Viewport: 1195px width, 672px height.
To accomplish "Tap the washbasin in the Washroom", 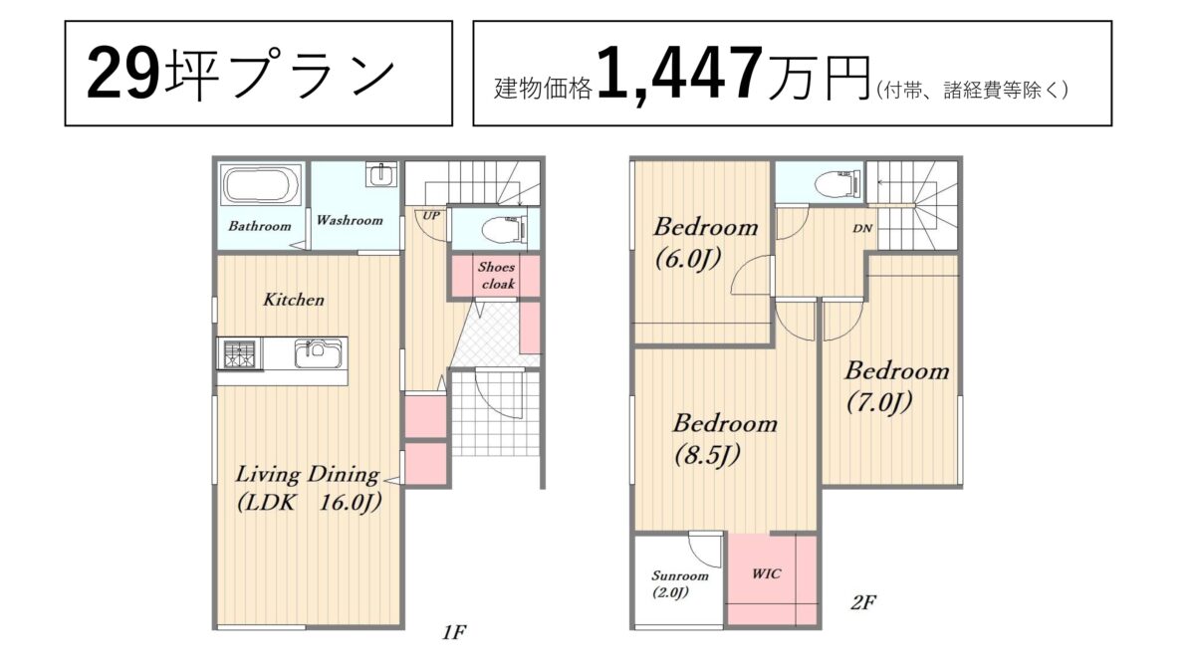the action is pos(382,175).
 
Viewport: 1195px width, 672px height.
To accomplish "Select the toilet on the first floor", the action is pos(504,229).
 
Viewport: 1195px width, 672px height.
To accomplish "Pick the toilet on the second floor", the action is pos(838,183).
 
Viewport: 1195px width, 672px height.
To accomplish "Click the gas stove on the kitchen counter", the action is pos(240,353).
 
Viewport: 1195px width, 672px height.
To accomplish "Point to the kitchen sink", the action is pos(318,353).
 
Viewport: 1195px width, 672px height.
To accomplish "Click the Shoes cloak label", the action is pos(497,275).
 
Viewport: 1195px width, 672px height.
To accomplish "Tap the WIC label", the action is pos(766,573).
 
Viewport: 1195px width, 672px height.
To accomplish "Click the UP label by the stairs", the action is pos(431,215).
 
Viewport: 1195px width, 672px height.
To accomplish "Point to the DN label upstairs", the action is pos(862,228).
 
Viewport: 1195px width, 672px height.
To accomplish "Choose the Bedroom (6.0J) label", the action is pos(705,243).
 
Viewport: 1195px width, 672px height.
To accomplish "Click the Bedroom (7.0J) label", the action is pos(897,386).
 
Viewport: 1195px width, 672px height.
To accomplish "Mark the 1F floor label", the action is pos(454,632).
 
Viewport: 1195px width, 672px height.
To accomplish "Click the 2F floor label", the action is pos(862,602).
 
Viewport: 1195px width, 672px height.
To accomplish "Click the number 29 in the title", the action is pos(123,74).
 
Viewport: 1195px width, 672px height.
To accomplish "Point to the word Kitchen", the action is pos(294,300).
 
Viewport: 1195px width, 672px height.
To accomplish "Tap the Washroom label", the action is pos(350,220).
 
